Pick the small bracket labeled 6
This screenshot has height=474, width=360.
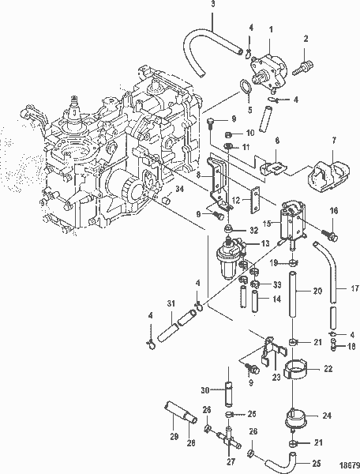(x=274, y=167)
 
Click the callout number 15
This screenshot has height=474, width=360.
(x=267, y=224)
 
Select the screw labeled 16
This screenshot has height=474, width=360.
(x=332, y=235)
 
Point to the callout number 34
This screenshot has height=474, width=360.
(x=180, y=211)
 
